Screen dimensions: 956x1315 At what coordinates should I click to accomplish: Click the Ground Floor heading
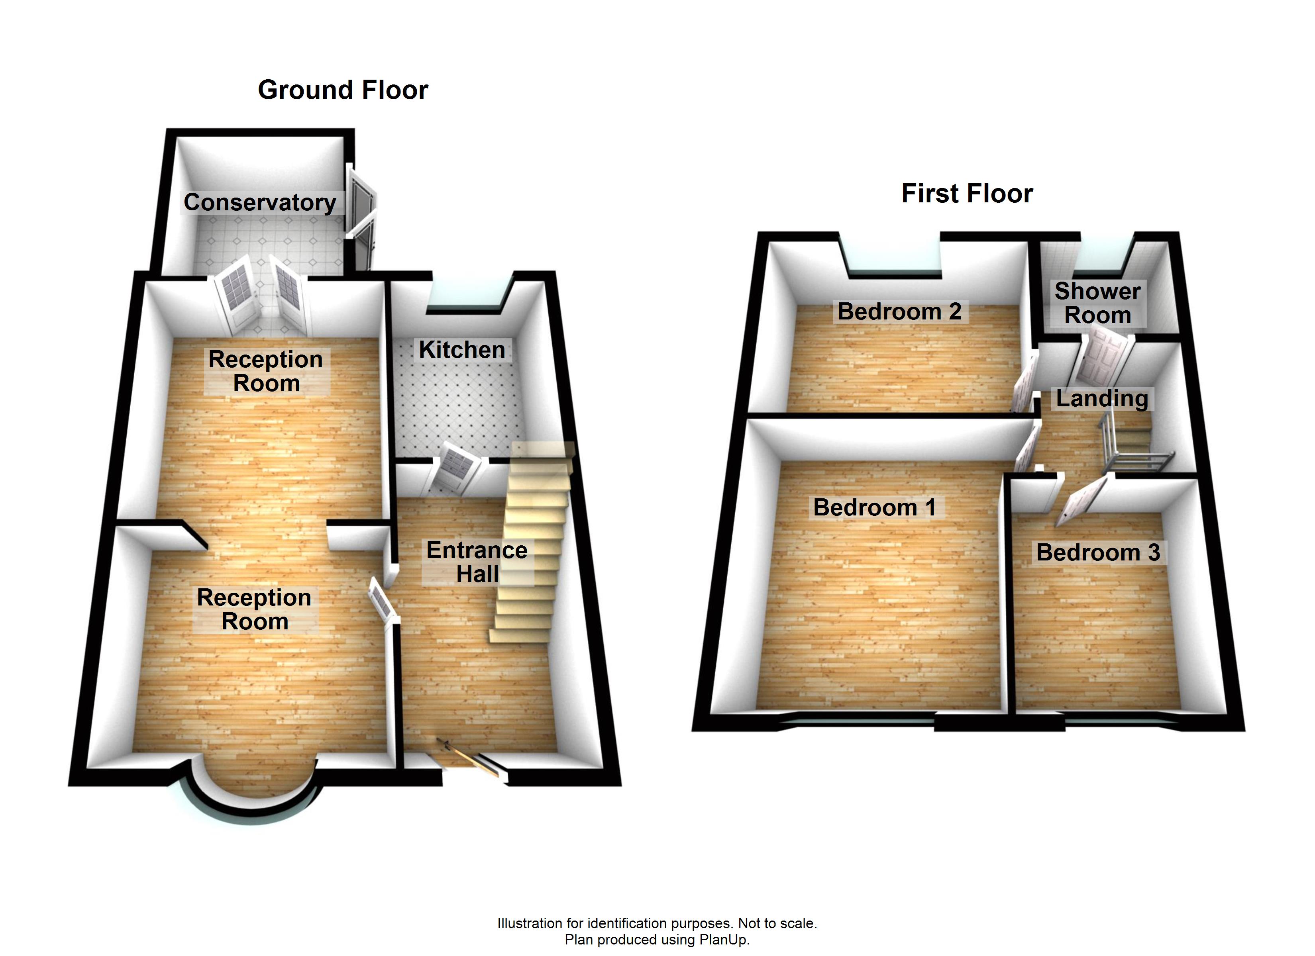[x=343, y=90]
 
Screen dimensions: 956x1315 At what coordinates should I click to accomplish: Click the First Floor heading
[x=967, y=194]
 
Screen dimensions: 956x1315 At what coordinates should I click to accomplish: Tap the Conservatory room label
[x=260, y=202]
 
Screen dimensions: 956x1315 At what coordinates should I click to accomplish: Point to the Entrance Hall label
[x=477, y=562]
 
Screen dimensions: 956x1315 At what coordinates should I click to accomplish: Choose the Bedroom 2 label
[x=899, y=311]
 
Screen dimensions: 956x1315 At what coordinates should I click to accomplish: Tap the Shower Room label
[x=1097, y=303]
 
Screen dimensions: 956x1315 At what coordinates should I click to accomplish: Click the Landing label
[x=1102, y=398]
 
